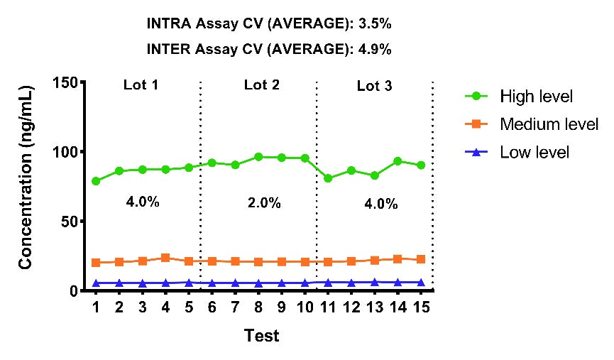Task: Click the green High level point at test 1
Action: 96,181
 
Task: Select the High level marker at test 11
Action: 328,178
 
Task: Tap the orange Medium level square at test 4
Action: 165,258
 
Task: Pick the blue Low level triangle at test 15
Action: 421,283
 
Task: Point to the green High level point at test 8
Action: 258,157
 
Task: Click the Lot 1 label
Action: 141,84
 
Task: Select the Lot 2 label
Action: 262,84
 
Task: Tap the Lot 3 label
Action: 374,86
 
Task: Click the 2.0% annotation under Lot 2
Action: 264,203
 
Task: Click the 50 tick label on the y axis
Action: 70,222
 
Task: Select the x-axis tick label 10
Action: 305,307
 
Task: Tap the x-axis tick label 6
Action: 212,307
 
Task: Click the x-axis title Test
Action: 262,336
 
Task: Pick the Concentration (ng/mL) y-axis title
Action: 26,177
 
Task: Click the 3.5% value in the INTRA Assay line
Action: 375,23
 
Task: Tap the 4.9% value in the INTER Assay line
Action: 375,50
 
